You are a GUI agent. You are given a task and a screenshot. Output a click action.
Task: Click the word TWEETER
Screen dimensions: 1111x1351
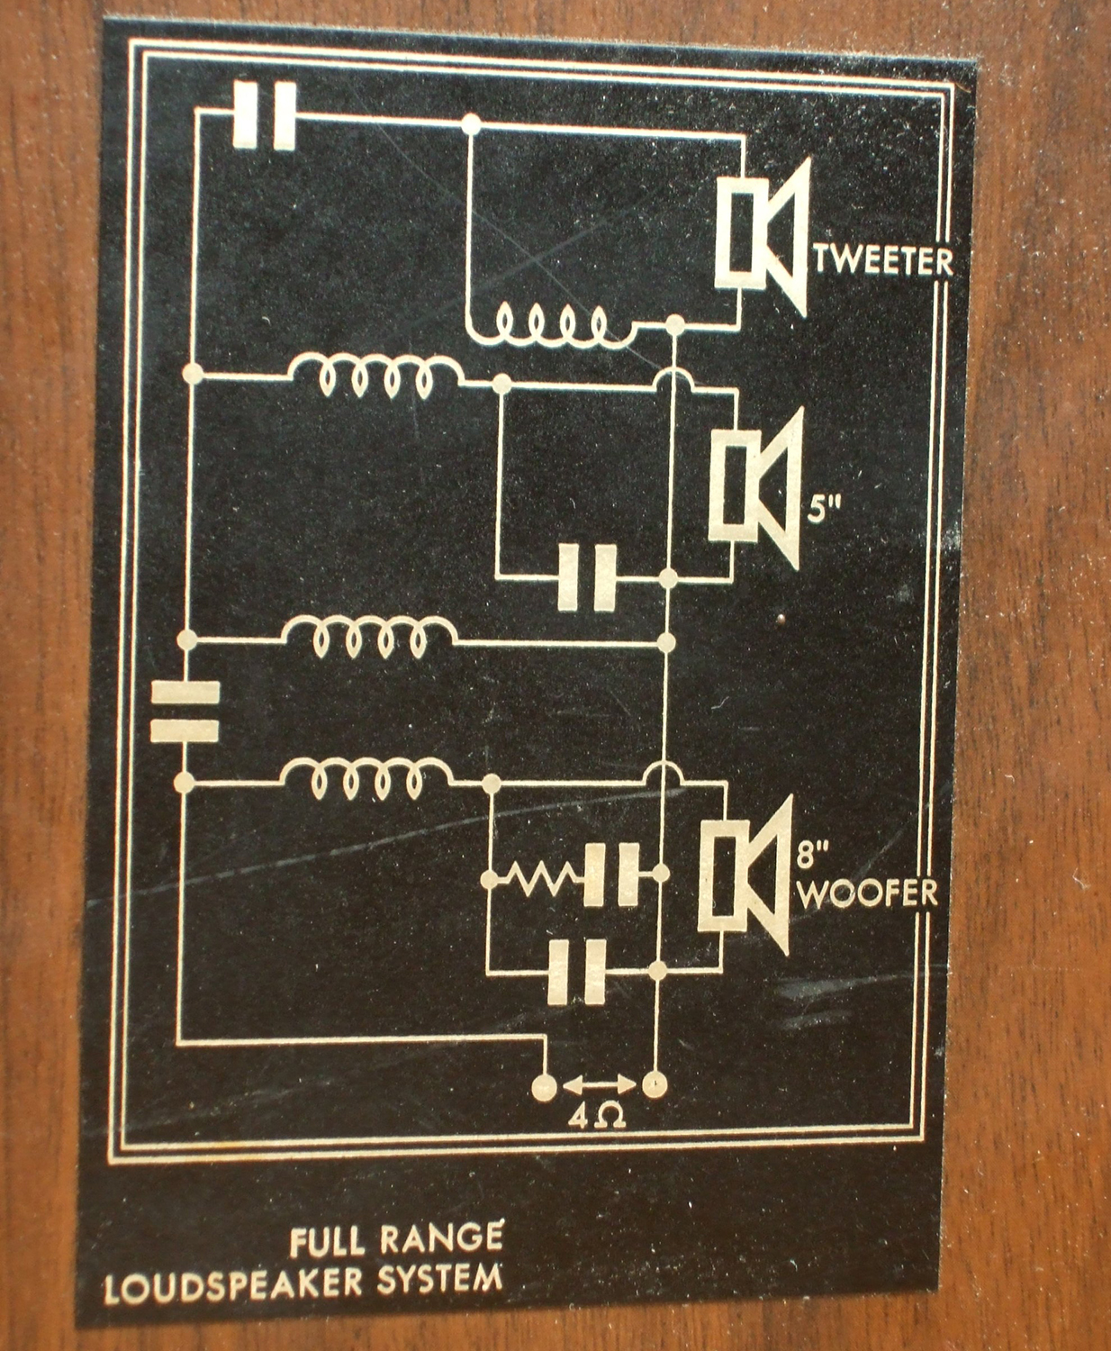coord(884,262)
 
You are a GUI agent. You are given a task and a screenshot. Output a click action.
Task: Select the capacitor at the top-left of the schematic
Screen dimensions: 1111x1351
coord(265,115)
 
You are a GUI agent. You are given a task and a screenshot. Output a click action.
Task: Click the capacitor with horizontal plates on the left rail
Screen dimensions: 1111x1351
coord(185,711)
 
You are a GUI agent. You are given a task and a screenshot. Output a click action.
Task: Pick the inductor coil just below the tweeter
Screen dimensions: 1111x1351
coord(551,327)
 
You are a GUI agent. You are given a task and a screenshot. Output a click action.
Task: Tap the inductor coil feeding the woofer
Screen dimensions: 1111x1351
coord(366,777)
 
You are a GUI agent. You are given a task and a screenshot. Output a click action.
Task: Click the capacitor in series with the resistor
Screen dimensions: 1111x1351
coord(611,875)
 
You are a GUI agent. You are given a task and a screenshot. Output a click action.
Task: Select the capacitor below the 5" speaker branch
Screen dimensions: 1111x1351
coord(587,578)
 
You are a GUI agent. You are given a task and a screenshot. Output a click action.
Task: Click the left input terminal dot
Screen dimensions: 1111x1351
coord(545,1086)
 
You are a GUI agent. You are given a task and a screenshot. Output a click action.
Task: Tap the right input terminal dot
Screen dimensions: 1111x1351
coord(655,1085)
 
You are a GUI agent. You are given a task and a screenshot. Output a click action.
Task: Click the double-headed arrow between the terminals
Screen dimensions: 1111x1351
coord(600,1085)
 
